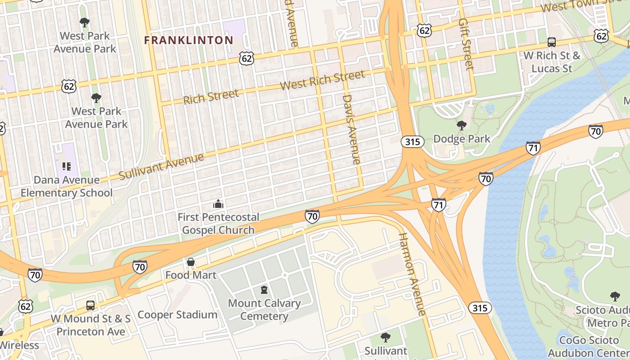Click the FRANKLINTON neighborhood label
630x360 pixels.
(x=189, y=40)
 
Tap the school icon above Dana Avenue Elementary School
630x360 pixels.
(x=67, y=166)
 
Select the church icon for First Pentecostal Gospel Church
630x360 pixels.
(x=218, y=204)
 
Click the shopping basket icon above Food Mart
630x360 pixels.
(x=191, y=262)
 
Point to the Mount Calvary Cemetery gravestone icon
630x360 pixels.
(x=264, y=290)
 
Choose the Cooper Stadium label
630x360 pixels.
(x=177, y=315)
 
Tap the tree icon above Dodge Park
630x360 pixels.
(x=461, y=125)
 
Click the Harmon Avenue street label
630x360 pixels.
(x=411, y=274)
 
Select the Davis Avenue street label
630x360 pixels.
(x=351, y=129)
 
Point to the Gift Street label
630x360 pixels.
(x=466, y=44)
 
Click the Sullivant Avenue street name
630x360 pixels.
(x=162, y=166)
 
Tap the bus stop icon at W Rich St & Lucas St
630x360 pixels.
(x=552, y=42)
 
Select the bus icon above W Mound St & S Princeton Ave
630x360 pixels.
(x=90, y=306)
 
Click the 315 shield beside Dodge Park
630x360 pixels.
(x=412, y=142)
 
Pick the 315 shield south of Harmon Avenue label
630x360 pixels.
(x=480, y=308)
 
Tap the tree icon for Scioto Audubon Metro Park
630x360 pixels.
(x=615, y=296)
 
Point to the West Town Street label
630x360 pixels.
(x=580, y=6)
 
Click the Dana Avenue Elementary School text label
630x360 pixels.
(x=67, y=186)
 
